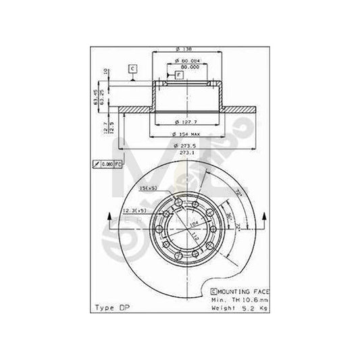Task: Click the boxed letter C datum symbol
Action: [x=132, y=69]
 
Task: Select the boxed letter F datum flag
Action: [x=178, y=76]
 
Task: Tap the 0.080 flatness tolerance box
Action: [x=107, y=164]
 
